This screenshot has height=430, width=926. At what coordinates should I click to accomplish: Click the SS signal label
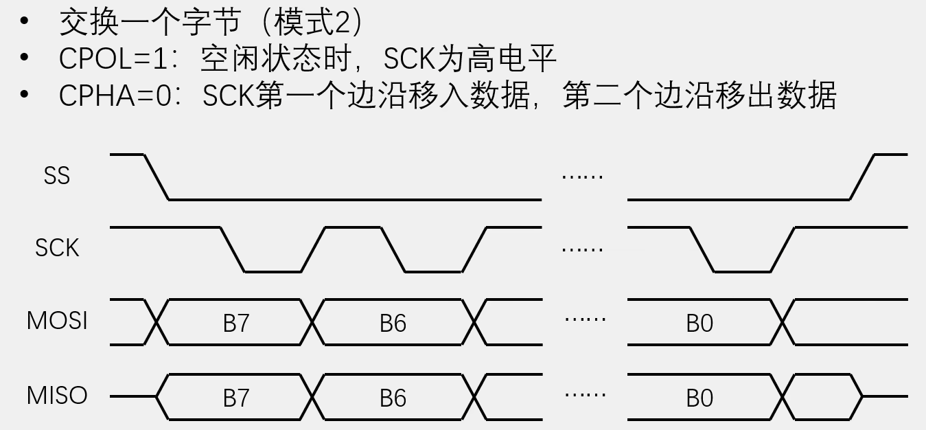(x=57, y=176)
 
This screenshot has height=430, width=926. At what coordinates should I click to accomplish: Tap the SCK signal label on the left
(x=57, y=247)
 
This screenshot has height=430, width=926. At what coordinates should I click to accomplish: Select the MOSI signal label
(x=57, y=321)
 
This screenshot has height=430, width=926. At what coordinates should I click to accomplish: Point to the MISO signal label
(x=57, y=396)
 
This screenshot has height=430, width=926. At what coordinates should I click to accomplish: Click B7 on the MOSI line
(x=236, y=323)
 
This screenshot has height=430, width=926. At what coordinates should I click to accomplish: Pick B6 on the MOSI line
(x=393, y=323)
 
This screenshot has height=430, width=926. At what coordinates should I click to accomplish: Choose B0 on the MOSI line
(x=699, y=323)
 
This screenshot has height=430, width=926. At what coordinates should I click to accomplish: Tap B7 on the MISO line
(x=236, y=398)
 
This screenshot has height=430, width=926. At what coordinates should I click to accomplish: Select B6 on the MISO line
(x=393, y=398)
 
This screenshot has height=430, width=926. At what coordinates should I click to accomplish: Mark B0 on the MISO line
(x=699, y=398)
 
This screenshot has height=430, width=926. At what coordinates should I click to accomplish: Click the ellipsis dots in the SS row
(x=582, y=177)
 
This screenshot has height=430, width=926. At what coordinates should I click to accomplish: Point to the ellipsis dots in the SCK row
(x=582, y=249)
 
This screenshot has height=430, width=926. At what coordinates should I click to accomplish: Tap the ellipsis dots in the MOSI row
(x=585, y=319)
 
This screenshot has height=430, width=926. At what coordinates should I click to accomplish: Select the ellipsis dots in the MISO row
(x=585, y=394)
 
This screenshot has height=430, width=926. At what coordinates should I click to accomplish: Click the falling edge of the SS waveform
(x=157, y=177)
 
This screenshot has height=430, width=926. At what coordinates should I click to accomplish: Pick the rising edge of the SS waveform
(x=862, y=177)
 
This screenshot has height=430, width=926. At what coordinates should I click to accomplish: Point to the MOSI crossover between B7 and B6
(x=313, y=321)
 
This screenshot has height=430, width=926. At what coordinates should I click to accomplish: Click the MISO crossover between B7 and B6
(x=313, y=397)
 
